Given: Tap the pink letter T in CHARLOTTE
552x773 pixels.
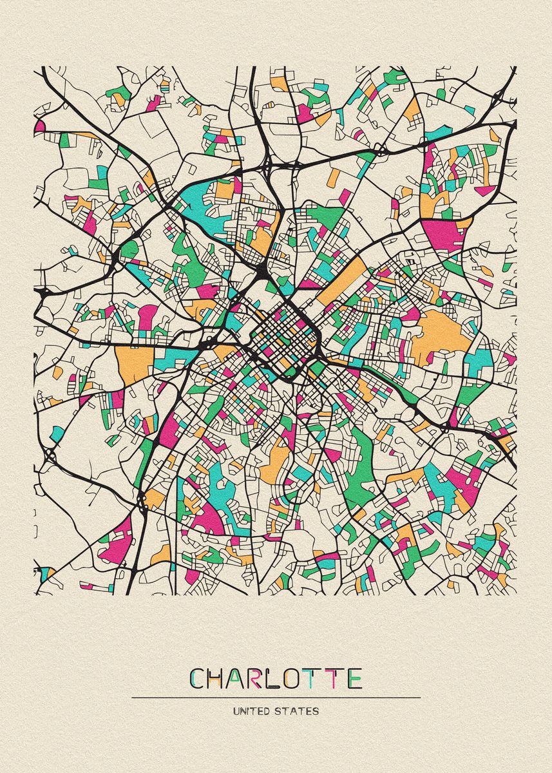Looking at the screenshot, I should (333, 678).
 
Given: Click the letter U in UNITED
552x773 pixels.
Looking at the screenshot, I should (236, 712).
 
